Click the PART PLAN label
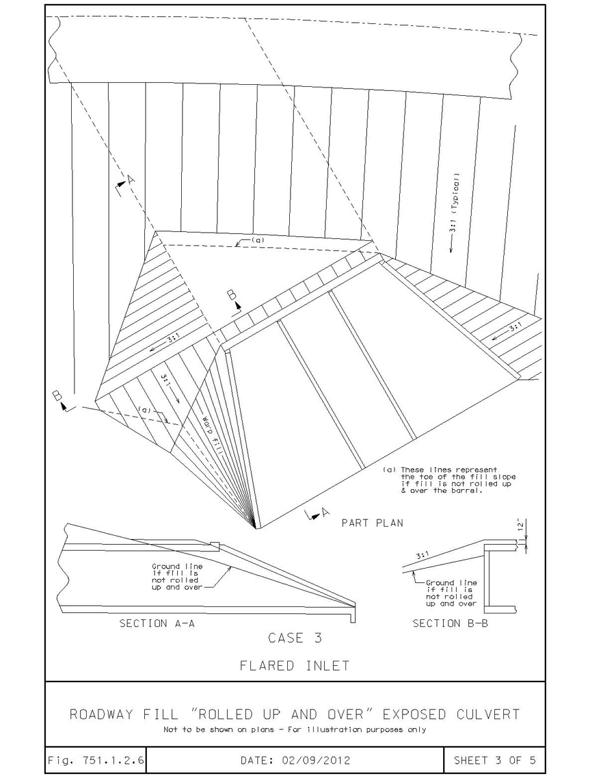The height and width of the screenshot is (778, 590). click(372, 523)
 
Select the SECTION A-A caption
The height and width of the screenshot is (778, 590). click(157, 623)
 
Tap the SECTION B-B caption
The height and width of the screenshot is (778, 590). click(450, 623)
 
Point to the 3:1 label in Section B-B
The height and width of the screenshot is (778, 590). click(422, 555)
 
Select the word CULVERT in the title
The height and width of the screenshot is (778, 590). click(488, 715)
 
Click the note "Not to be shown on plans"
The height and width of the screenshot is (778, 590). click(219, 729)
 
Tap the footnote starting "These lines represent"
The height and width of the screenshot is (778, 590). click(450, 480)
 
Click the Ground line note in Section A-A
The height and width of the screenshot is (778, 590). click(177, 577)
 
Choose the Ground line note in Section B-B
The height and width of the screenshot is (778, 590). click(452, 593)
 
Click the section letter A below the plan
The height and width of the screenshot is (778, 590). click(325, 512)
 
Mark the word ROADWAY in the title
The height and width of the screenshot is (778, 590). click(102, 715)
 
